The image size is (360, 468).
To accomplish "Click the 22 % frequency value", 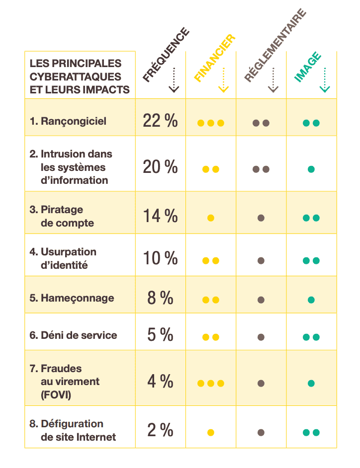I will point(160,120).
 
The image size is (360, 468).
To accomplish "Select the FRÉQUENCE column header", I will point(166,55).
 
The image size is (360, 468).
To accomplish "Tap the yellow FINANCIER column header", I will point(214,59).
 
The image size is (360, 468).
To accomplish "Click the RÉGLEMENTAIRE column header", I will point(274,45).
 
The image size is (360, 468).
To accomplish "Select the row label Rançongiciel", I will point(73,121).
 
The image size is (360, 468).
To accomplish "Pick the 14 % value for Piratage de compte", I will point(160,216).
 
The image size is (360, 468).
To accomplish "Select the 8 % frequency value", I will point(160,298).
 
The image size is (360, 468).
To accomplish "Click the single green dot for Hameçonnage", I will point(311,300).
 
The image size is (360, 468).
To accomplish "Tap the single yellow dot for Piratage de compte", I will point(211,218).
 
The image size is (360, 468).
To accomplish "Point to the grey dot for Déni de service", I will point(261,337).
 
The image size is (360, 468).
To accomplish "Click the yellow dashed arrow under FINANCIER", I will point(223,80).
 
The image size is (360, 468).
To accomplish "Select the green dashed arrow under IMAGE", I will point(324,80).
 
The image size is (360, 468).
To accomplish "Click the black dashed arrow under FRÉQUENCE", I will point(174,80).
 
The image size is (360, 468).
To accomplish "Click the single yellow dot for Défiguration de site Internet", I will point(211,433).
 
